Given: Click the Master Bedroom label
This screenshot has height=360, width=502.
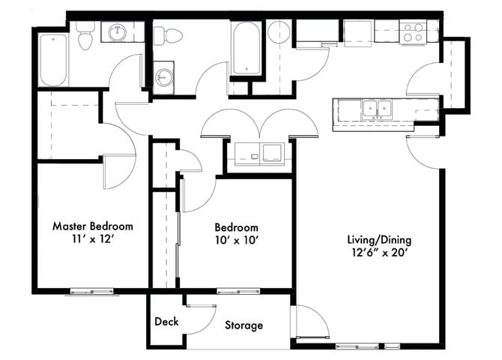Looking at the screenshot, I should click(92, 226).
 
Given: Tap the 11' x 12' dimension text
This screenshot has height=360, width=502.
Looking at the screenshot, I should click(92, 240).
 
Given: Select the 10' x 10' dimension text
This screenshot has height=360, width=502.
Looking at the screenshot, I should click(236, 241).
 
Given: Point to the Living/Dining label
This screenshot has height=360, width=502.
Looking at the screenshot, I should click(379, 240).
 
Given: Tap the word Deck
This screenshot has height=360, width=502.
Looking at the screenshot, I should click(166, 322).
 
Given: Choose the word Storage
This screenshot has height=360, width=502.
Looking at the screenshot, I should click(244, 325).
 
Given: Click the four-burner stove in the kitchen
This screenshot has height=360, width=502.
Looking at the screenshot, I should click(412, 31).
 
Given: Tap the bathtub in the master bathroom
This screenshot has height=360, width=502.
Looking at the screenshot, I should click(52, 60).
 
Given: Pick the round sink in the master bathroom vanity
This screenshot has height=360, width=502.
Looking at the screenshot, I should click(117, 32).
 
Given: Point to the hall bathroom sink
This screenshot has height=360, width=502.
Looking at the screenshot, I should click(163, 78).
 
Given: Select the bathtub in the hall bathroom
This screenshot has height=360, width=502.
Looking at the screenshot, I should click(245, 49).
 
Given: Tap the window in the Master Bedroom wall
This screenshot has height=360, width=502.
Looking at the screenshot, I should click(92, 291).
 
